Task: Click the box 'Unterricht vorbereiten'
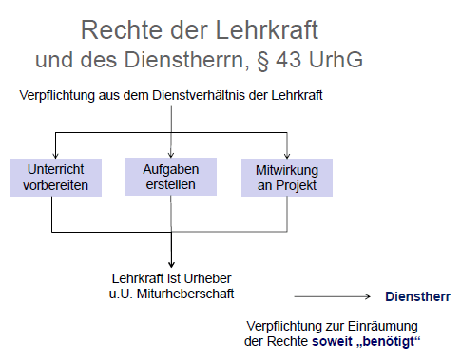(55, 178)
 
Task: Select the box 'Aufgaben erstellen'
(171, 177)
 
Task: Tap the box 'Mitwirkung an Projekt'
(287, 178)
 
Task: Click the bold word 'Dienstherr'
(417, 296)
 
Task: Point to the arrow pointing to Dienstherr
(333, 296)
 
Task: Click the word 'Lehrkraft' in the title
(267, 30)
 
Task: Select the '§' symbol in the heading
(262, 60)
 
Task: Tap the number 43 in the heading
(288, 60)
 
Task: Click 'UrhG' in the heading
(336, 60)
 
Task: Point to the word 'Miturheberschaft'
(185, 294)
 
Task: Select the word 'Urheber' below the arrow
(207, 278)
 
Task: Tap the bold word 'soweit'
(332, 341)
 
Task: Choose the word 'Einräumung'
(382, 326)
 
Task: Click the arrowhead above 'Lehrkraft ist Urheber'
(171, 265)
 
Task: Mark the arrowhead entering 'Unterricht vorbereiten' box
(56, 156)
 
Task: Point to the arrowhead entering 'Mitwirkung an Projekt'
(287, 156)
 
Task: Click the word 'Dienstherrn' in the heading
(183, 60)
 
